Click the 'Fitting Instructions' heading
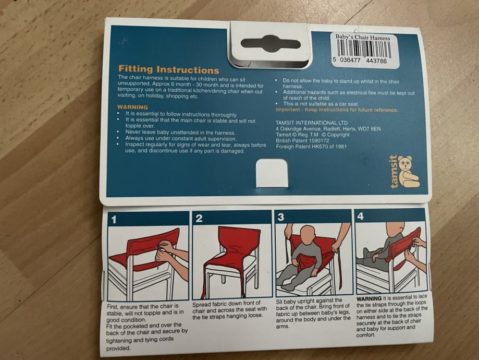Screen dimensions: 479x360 (x=169, y=69)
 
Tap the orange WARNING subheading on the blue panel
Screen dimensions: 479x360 (x=132, y=107)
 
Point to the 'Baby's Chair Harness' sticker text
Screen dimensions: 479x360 (x=363, y=38)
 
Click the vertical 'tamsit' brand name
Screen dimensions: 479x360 (x=394, y=172)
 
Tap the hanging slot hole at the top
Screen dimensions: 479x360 (x=271, y=44)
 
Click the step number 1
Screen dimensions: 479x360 (x=114, y=220)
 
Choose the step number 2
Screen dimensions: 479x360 (x=199, y=219)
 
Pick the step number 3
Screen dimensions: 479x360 (x=281, y=217)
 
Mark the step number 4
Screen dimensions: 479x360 (x=361, y=216)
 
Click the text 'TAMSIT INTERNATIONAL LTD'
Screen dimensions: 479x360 (x=312, y=123)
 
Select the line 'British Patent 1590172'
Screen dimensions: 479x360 (x=302, y=140)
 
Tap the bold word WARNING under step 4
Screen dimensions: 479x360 (x=369, y=298)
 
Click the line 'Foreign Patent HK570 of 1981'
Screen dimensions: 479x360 (x=311, y=147)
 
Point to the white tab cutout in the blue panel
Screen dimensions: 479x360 (x=272, y=173)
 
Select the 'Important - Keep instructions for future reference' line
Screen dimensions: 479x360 (x=337, y=110)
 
